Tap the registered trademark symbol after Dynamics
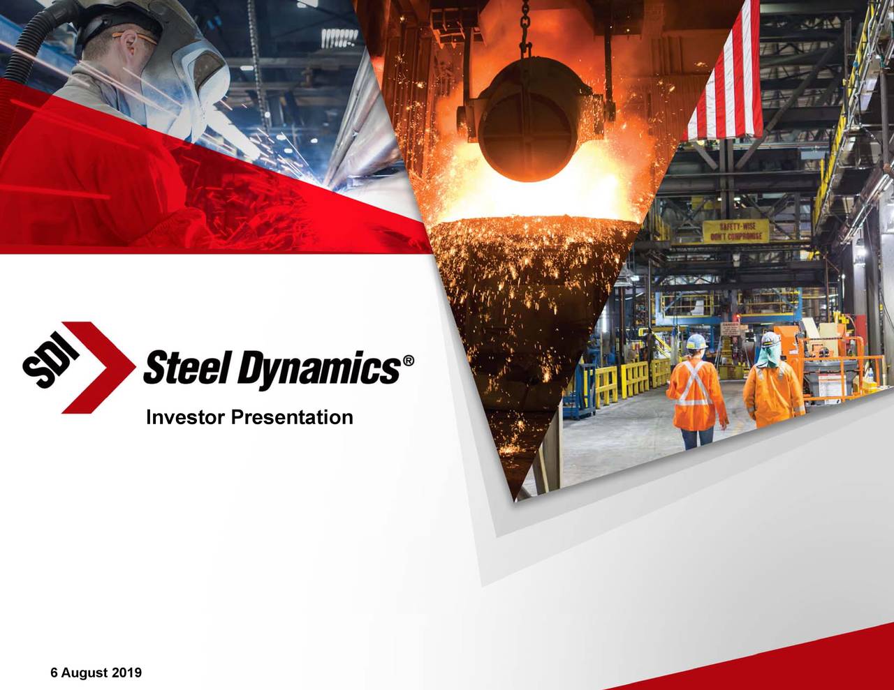(409, 361)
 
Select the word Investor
(185, 418)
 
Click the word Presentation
(292, 418)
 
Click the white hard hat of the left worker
(696, 341)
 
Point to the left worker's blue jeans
(696, 438)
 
